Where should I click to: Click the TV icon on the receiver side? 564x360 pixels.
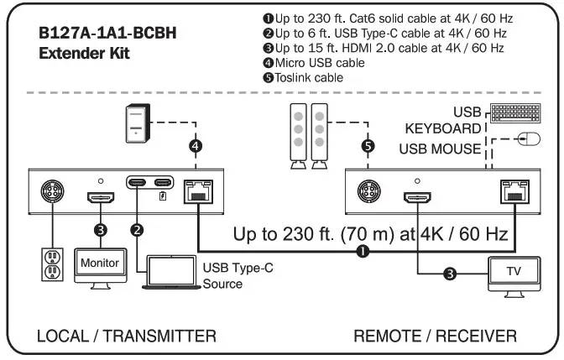tap(512, 274)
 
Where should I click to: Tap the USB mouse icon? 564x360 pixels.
tap(527, 139)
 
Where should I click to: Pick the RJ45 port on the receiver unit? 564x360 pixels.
tap(512, 190)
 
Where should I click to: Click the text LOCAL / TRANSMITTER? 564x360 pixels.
tap(127, 337)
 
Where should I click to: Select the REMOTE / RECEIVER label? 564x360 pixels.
tap(434, 337)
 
